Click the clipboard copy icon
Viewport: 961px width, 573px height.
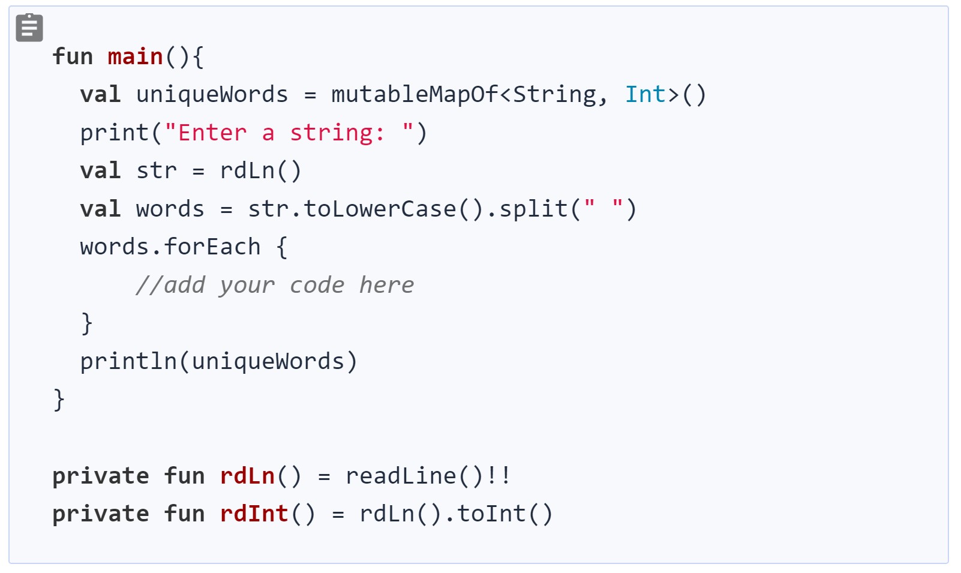click(29, 28)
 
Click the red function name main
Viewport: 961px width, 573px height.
click(135, 56)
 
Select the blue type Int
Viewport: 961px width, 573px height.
click(645, 94)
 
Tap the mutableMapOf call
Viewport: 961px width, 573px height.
click(414, 94)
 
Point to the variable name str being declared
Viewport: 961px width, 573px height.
click(157, 171)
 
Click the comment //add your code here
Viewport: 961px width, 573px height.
click(275, 285)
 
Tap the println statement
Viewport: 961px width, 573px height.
click(218, 361)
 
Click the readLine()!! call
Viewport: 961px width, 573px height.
click(428, 476)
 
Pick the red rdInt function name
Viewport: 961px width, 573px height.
click(254, 514)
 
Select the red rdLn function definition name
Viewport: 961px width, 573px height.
click(247, 476)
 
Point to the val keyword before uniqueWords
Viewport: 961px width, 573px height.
click(100, 94)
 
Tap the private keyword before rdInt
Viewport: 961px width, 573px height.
click(100, 514)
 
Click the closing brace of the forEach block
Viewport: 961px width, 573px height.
click(87, 323)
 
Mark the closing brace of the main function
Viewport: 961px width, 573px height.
click(59, 400)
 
